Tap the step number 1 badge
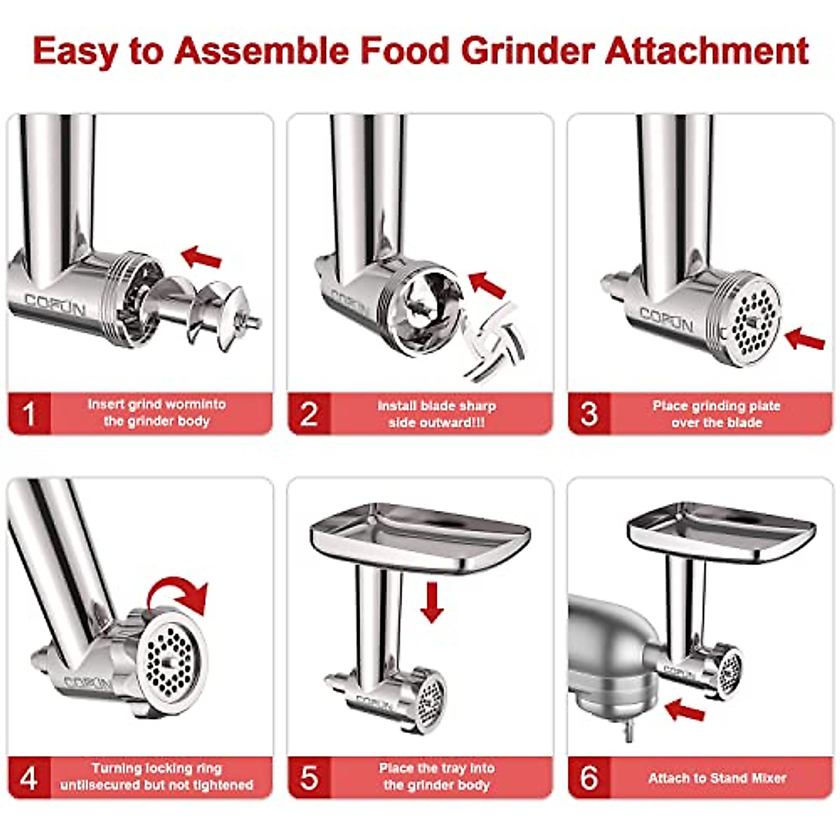pyautogui.click(x=29, y=414)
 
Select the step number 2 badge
pyautogui.click(x=309, y=414)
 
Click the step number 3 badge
pyautogui.click(x=589, y=414)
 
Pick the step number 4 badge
pyautogui.click(x=29, y=777)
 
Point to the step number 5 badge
pyautogui.click(x=309, y=777)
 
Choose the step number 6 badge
pyautogui.click(x=589, y=777)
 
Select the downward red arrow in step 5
pyautogui.click(x=433, y=603)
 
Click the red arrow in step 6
pyautogui.click(x=684, y=711)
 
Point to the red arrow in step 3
pyautogui.click(x=805, y=340)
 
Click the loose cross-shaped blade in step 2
pyautogui.click(x=496, y=343)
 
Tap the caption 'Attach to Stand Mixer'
pyautogui.click(x=717, y=778)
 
